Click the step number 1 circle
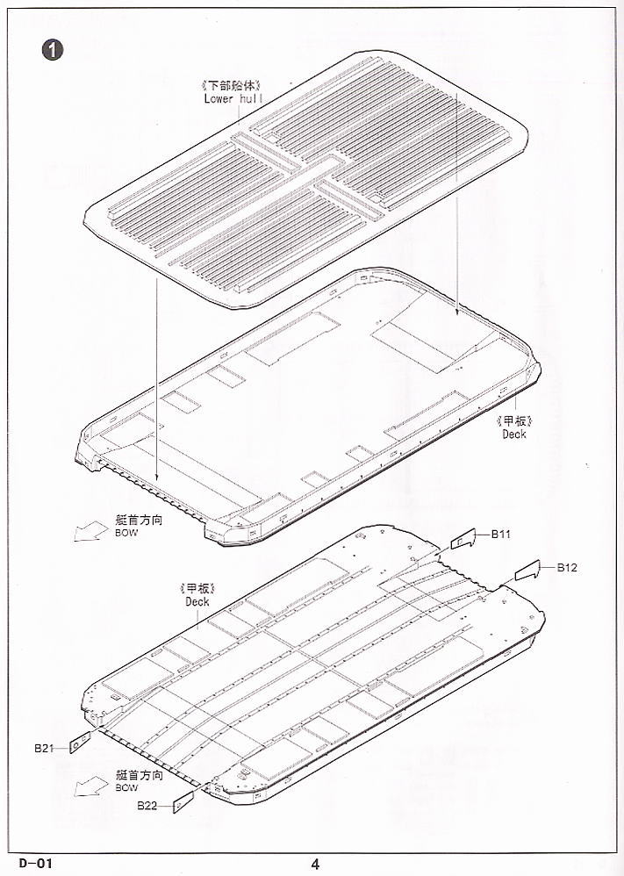point(53,50)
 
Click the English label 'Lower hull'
point(233,99)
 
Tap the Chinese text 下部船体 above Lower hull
point(232,85)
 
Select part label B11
point(500,534)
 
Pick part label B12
point(567,568)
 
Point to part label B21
point(44,748)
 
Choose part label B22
point(147,806)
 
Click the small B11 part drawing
point(463,539)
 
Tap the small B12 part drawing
point(527,571)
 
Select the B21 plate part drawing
point(80,742)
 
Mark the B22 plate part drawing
point(183,801)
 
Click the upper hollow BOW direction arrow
point(90,531)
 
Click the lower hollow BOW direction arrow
point(90,786)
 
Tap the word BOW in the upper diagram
point(126,533)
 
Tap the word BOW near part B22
point(126,787)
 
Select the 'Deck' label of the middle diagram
point(514,434)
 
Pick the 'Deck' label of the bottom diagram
point(197,601)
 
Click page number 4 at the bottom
point(315,864)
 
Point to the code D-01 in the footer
point(36,863)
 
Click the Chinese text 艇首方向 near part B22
point(140,775)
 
